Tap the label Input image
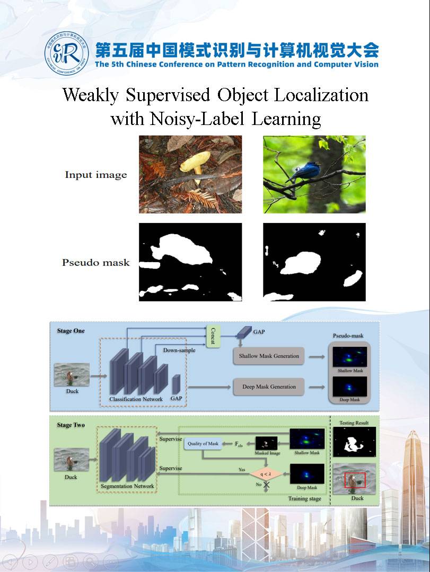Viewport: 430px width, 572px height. point(96,175)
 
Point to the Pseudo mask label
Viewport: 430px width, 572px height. point(96,262)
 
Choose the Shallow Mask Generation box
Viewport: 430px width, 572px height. point(268,356)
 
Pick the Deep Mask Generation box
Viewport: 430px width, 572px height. point(269,387)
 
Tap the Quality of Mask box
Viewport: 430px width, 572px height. point(203,444)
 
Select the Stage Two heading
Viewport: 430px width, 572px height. point(71,425)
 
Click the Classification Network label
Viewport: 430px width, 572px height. point(136,399)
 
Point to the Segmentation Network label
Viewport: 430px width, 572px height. point(127,486)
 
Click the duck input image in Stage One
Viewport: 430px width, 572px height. point(72,374)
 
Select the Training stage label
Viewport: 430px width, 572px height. point(304,499)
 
